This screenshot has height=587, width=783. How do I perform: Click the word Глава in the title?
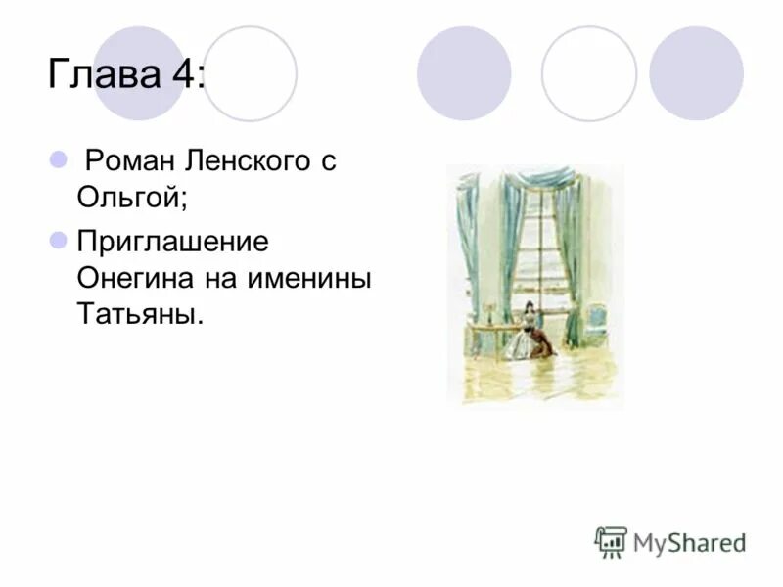[98, 74]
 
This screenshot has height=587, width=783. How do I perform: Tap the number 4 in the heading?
[183, 74]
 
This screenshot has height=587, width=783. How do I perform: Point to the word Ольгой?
[131, 199]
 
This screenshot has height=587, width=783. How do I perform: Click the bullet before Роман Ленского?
[56, 159]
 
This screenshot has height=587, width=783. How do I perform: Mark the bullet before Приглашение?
[56, 240]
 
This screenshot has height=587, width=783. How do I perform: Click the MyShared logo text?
[689, 541]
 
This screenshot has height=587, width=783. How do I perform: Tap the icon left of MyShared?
[610, 541]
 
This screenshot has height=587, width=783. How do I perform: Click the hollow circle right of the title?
[250, 73]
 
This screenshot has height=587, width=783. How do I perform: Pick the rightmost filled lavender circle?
[696, 73]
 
